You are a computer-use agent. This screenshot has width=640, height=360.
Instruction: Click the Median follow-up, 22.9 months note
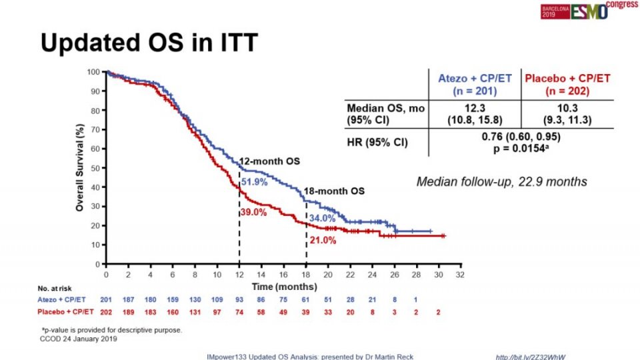501,181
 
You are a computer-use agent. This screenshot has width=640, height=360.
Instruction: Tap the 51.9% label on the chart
254,181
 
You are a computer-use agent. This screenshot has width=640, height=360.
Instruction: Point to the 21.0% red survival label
322,240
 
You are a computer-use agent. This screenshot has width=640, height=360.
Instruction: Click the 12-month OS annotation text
269,162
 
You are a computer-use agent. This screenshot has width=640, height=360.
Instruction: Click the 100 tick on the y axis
93,71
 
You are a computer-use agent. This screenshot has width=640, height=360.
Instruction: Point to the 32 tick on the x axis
460,274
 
